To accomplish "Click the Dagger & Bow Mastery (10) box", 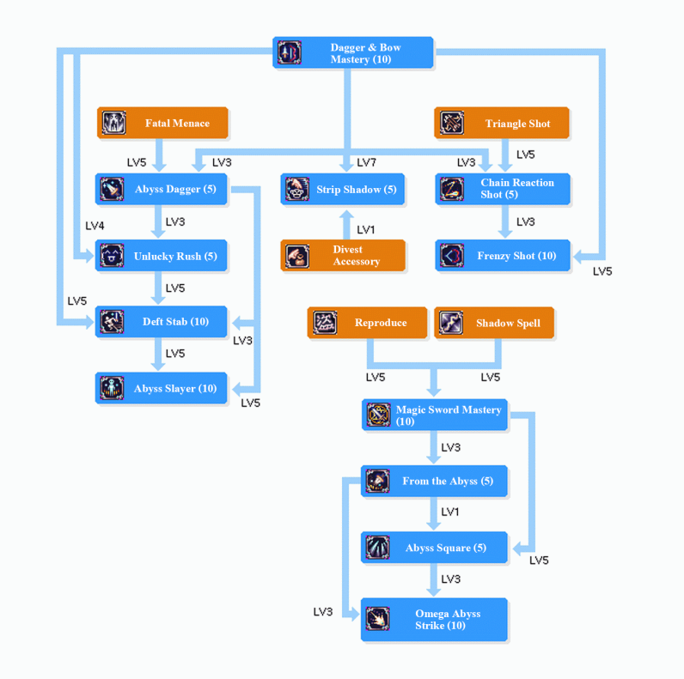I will coord(353,53).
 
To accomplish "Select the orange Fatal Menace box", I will coord(162,123).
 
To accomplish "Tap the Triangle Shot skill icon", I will coord(451,123).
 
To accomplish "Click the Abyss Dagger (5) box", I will coord(162,189).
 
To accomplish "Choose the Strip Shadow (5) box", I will coord(343,189).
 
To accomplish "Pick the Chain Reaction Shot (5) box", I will coord(503,189).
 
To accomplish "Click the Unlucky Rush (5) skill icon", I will coord(112,256).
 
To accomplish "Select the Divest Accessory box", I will coord(343,256).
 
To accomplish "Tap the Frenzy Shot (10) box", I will coord(503,256).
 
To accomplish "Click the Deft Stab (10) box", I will coord(162,322).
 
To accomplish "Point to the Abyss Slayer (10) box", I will coord(162,388).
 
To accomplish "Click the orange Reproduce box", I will coord(367,323).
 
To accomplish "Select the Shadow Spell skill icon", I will coord(451,323).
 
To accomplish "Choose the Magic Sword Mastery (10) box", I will coord(435,415).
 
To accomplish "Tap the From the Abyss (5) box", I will coord(435,482).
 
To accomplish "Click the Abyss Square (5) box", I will coord(435,548).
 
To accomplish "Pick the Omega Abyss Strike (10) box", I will coord(435,620).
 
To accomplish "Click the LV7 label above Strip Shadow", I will coord(366,162).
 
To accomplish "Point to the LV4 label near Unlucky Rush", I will coord(95,226).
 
